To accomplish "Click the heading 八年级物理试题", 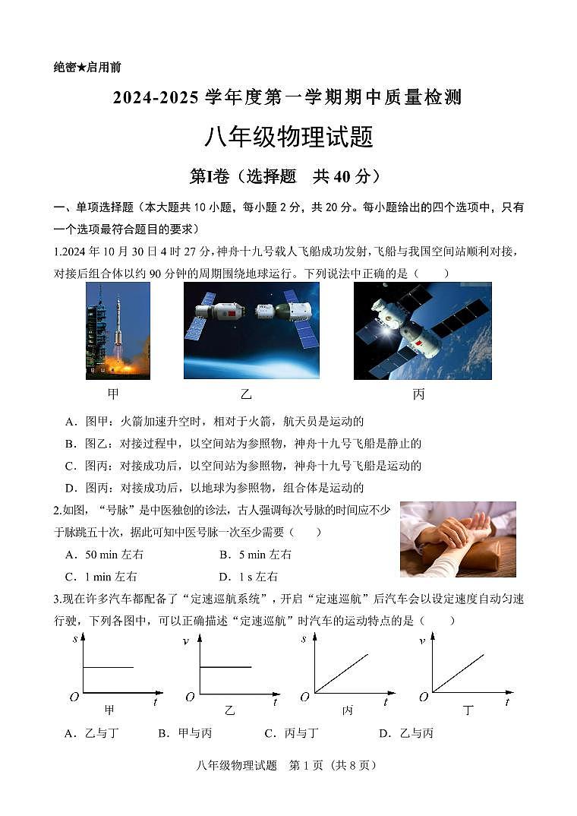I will click(x=288, y=138).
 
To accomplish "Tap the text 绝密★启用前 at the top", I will click(x=87, y=67).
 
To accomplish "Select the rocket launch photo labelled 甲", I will click(x=118, y=331).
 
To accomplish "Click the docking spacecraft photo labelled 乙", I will click(x=251, y=331).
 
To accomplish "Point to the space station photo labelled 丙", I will click(x=422, y=331).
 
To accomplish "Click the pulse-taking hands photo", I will click(x=458, y=539).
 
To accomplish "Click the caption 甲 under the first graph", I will click(x=109, y=710).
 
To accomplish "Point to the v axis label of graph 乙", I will click(x=186, y=641).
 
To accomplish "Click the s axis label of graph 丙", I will click(x=304, y=639).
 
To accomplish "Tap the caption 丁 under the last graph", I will click(x=468, y=711).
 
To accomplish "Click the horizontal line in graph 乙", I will click(x=225, y=667).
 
